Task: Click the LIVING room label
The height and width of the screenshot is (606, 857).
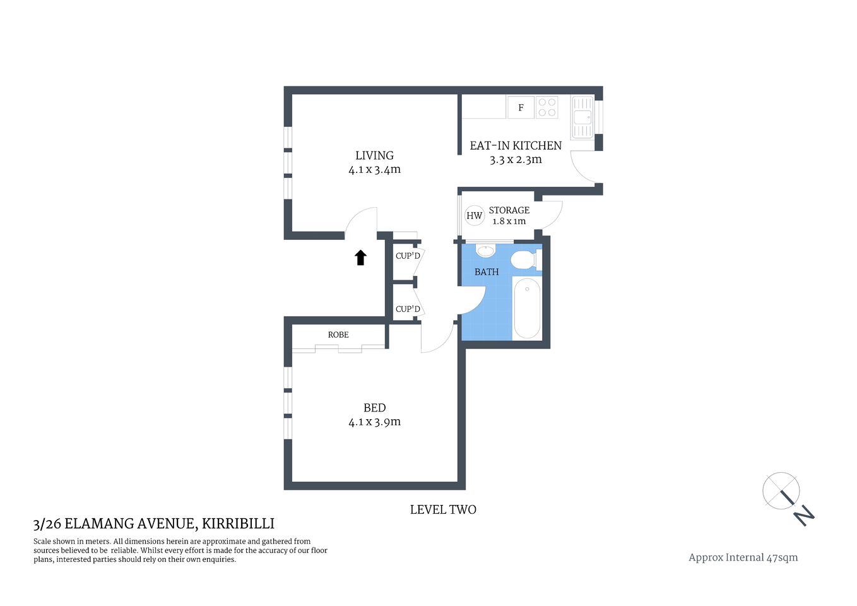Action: pos(374,155)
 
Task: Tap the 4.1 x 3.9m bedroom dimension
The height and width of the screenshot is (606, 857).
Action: pos(374,422)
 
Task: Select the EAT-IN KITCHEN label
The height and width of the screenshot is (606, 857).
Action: pos(515,145)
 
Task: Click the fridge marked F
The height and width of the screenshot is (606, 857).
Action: pos(521,107)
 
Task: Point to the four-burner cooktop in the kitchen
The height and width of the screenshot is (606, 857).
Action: pos(547,107)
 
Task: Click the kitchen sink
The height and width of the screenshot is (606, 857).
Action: pos(582,117)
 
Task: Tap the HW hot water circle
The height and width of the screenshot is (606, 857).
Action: pos(474,215)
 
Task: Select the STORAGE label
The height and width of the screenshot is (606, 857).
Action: pos(509,210)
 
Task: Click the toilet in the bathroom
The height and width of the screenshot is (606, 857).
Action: pos(523,259)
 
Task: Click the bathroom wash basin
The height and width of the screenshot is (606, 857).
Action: pos(485,251)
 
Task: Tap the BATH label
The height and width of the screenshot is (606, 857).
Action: pos(487,272)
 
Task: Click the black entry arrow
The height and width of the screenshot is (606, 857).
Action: pos(360,257)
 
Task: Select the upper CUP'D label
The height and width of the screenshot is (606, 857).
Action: pos(408,256)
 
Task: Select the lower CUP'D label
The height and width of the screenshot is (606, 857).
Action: pos(408,309)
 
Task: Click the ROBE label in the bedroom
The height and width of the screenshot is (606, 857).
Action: pos(338,335)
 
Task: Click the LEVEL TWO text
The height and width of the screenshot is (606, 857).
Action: pos(443,509)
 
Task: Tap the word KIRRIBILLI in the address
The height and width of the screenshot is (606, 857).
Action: pos(238,523)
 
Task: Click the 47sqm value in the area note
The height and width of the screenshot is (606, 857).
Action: pos(782,557)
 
